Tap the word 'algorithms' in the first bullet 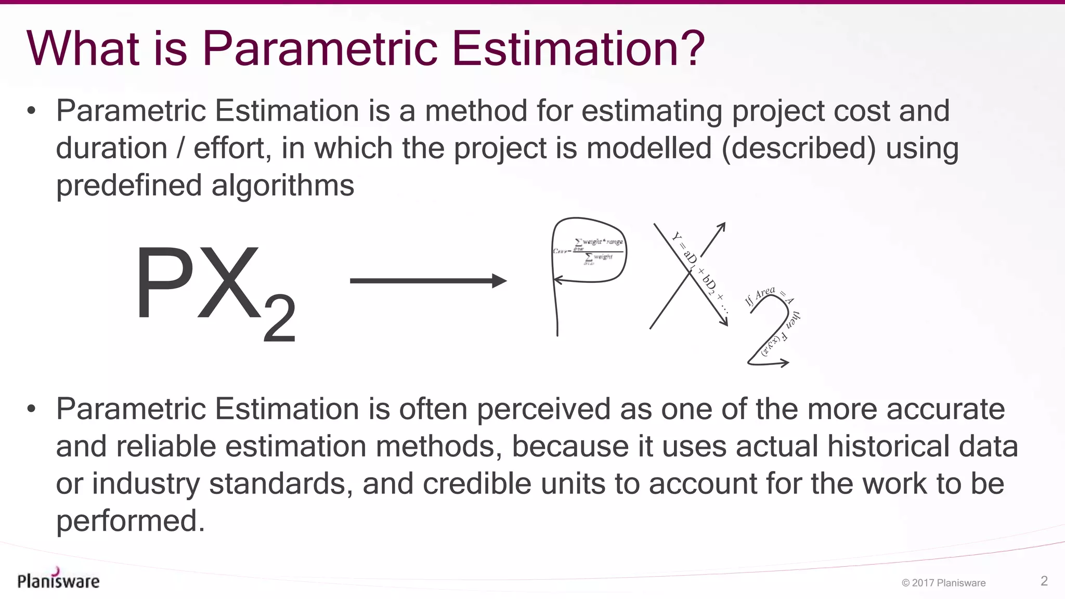point(283,186)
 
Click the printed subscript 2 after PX point(280,318)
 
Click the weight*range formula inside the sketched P point(598,250)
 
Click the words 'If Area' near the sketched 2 point(760,296)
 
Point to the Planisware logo point(58,579)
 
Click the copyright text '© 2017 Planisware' point(943,583)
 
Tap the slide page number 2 point(1044,581)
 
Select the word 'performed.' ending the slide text point(131,520)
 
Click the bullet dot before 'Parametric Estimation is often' point(32,409)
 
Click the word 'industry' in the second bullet point(146,484)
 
